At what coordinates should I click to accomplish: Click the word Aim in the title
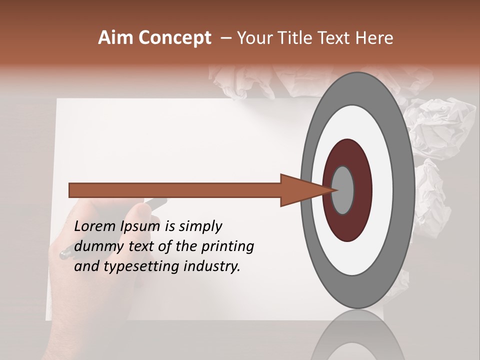(x=115, y=38)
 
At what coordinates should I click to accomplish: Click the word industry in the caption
(x=212, y=266)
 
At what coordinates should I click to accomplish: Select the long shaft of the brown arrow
(x=175, y=190)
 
